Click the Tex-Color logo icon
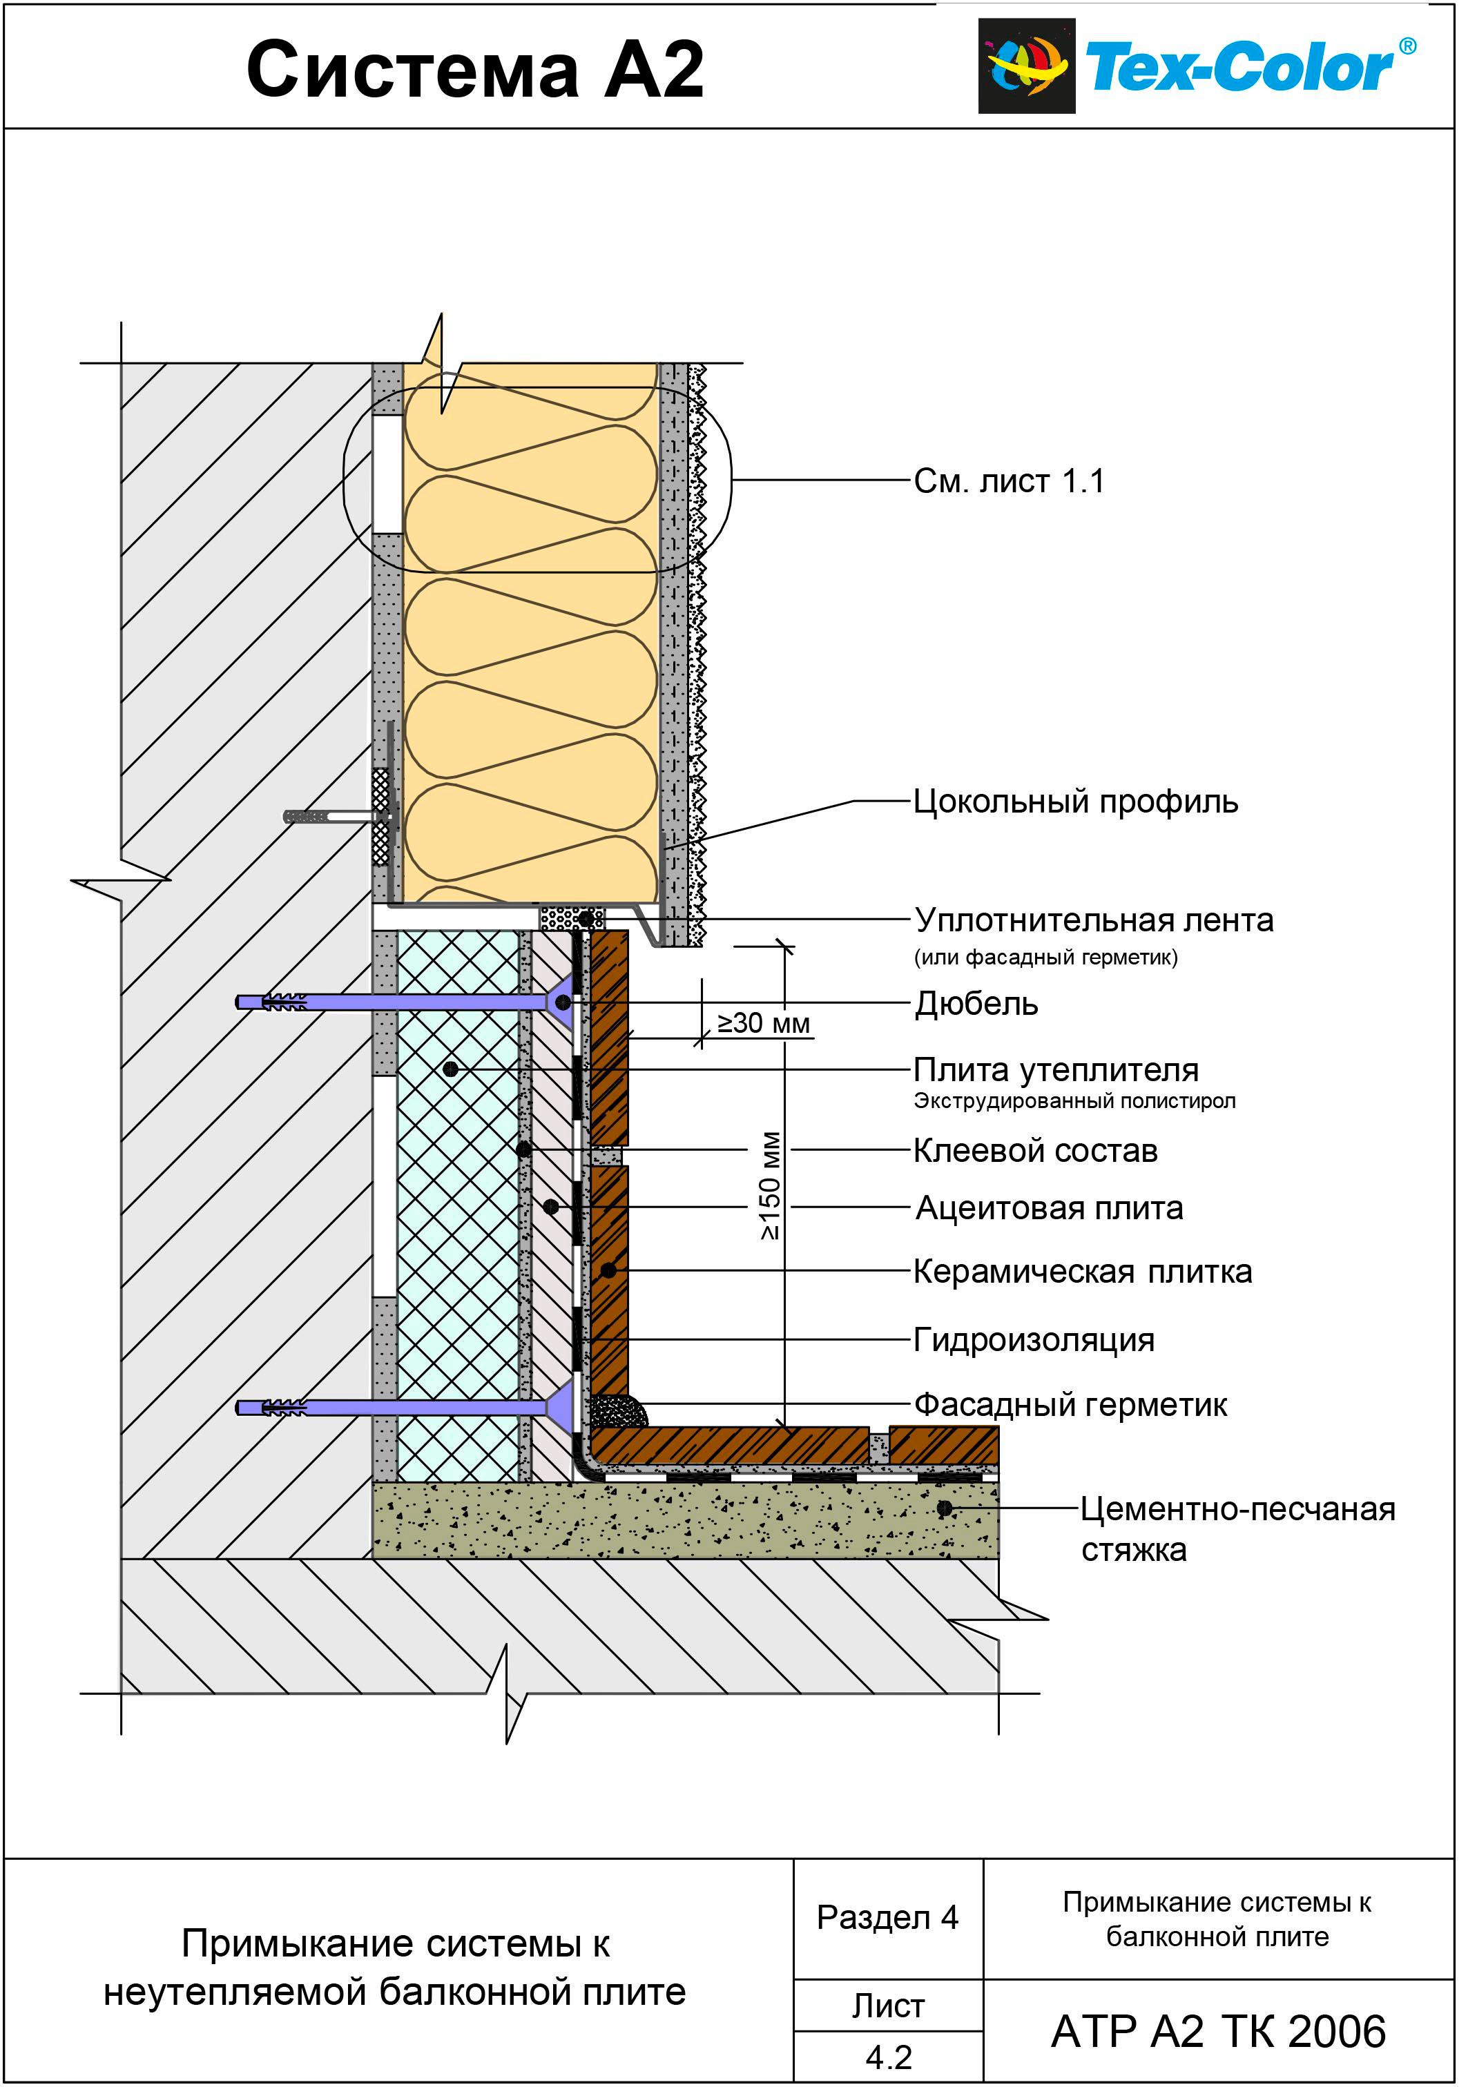tap(1026, 66)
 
